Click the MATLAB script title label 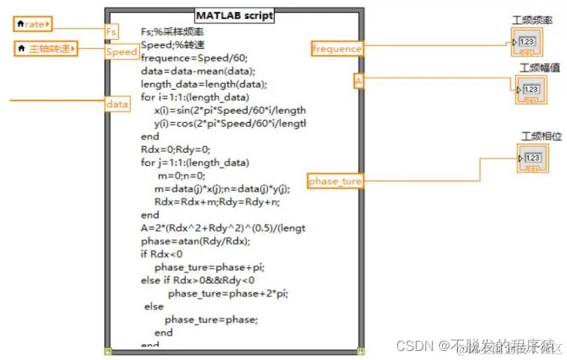click(x=234, y=15)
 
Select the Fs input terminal click(x=111, y=31)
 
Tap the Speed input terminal click(x=120, y=52)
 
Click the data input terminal click(x=117, y=104)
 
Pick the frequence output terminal click(x=337, y=49)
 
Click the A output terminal click(x=358, y=81)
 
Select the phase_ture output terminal click(x=335, y=181)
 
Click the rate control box click(x=33, y=25)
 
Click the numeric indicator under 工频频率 click(x=526, y=41)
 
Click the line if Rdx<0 click(x=161, y=254)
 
